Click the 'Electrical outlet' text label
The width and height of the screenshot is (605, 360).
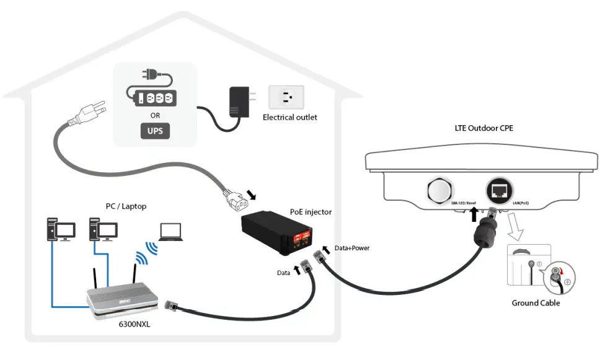pos(289,117)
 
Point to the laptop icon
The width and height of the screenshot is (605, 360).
pos(170,231)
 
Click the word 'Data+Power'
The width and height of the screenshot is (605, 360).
pos(351,248)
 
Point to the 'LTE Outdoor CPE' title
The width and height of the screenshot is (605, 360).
pos(484,128)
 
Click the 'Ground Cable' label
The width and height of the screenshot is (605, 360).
pos(535,303)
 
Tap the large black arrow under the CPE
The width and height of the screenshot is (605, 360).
pos(474,215)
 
